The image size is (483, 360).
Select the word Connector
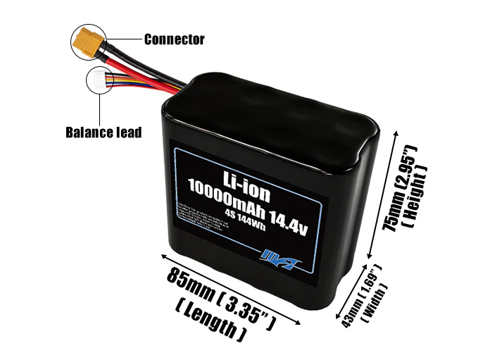click(x=174, y=39)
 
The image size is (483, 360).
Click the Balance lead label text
click(x=103, y=132)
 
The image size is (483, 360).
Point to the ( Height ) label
click(x=423, y=196)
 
